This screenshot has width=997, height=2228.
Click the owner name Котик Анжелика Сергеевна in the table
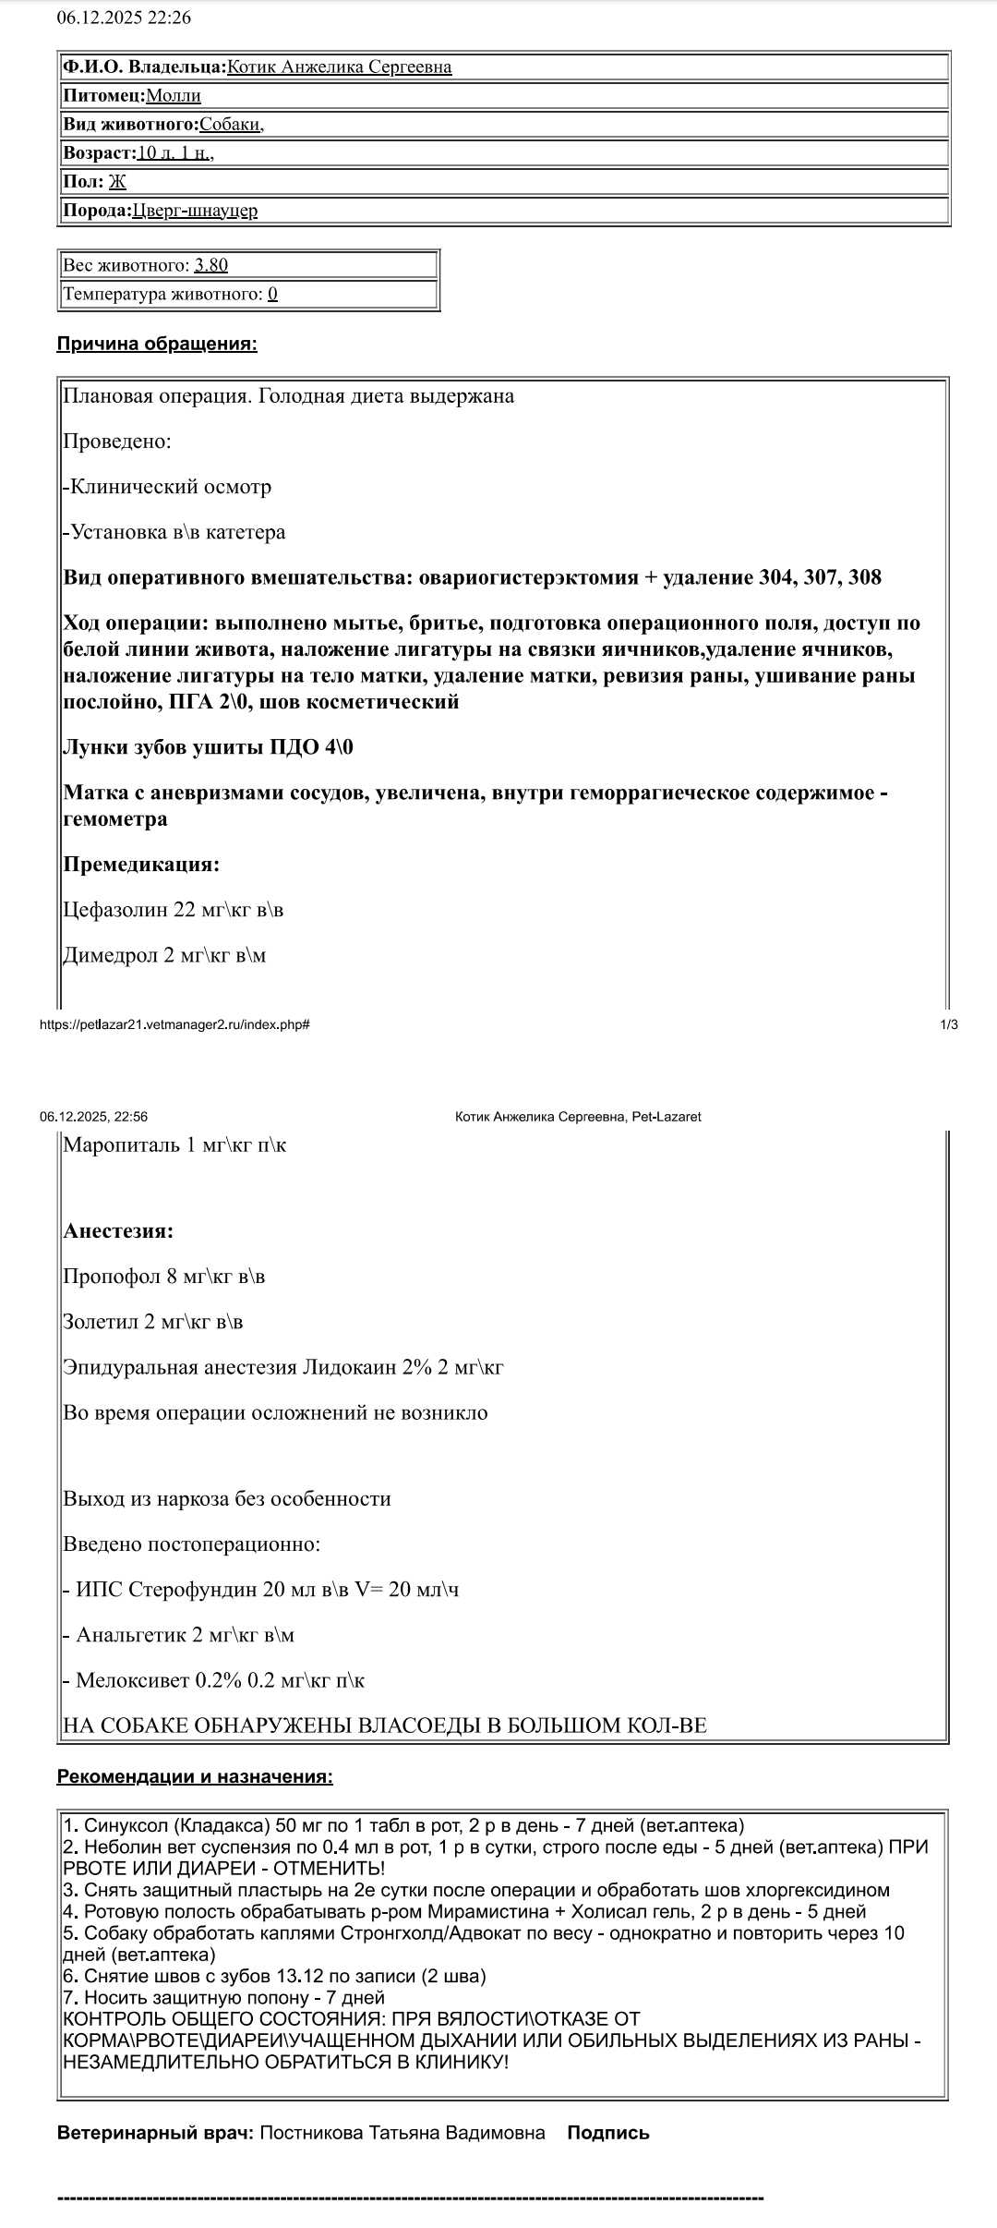[x=339, y=67]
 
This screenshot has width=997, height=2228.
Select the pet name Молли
[x=173, y=96]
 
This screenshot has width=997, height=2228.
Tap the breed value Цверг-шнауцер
[x=195, y=211]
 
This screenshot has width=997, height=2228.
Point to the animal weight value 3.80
[x=210, y=266]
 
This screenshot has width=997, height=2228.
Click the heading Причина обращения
[x=157, y=345]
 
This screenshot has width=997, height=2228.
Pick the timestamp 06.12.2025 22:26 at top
[x=124, y=18]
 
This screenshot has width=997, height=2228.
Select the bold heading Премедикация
[x=141, y=866]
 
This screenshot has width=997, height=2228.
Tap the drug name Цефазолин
[x=115, y=911]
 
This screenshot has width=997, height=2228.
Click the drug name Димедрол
[x=110, y=956]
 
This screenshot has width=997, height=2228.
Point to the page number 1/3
[x=948, y=1024]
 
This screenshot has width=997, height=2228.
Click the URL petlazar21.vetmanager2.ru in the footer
[x=174, y=1024]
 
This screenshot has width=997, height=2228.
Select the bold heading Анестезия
[x=118, y=1231]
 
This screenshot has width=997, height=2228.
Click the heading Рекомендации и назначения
[x=195, y=1776]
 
